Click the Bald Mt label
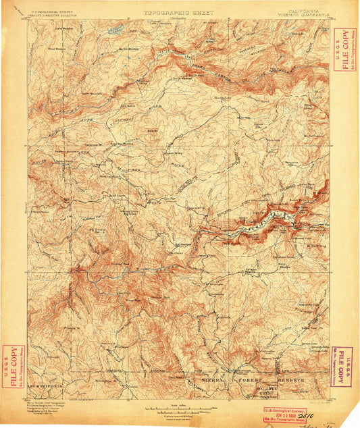coord(153,130)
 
